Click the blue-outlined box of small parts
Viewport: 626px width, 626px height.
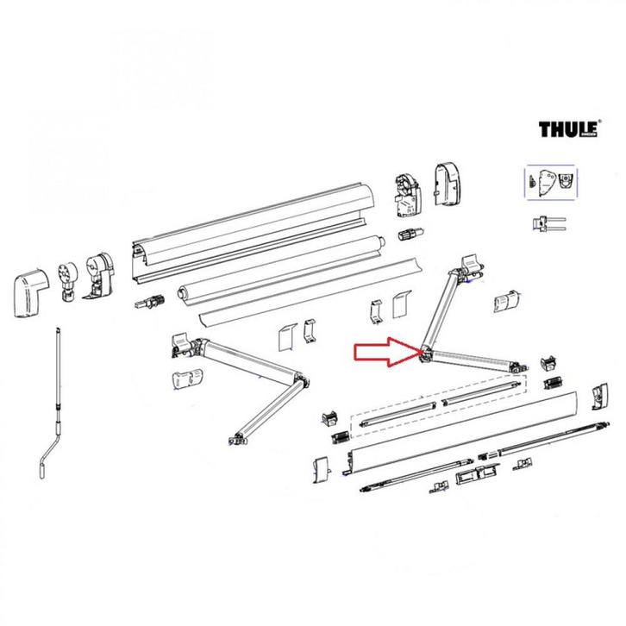[x=553, y=183]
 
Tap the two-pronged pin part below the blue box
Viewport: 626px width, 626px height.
[x=549, y=223]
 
